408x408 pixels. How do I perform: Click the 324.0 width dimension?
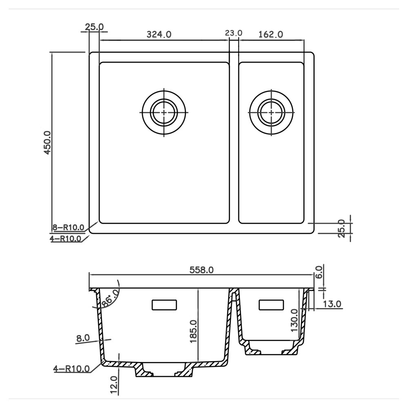[159, 34]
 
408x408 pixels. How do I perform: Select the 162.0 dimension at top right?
[271, 34]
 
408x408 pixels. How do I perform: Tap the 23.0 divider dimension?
[234, 33]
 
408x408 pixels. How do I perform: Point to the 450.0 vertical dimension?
[47, 142]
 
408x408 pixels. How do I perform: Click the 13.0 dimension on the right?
[332, 304]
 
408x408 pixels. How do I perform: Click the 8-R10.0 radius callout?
[68, 227]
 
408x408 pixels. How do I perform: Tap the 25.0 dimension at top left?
[94, 27]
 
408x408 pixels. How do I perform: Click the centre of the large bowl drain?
[164, 112]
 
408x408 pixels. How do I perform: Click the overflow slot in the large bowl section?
[164, 305]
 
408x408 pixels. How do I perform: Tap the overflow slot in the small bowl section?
[271, 304]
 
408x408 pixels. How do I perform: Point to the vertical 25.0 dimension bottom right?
[342, 228]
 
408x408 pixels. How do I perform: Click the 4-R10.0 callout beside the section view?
[71, 369]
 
